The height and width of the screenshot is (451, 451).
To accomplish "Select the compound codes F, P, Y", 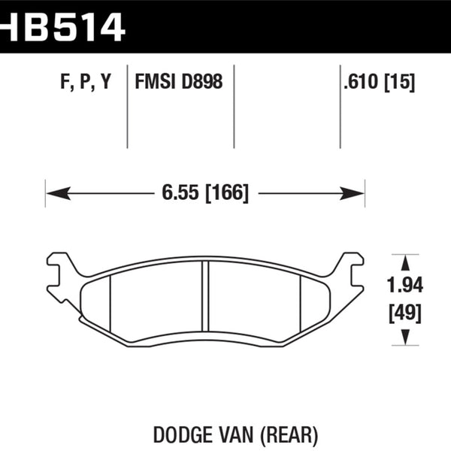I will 85,82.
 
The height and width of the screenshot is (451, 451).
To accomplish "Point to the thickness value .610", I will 359,82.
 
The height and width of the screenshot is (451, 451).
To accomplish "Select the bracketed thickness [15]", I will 399,82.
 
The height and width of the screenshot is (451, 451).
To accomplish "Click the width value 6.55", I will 179,192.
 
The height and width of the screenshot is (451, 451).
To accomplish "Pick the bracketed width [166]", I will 225,192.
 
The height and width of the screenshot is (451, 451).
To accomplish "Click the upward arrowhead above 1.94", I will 407,262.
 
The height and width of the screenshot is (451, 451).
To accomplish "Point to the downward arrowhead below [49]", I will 407,337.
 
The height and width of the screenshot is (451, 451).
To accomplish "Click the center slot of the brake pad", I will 204,299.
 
